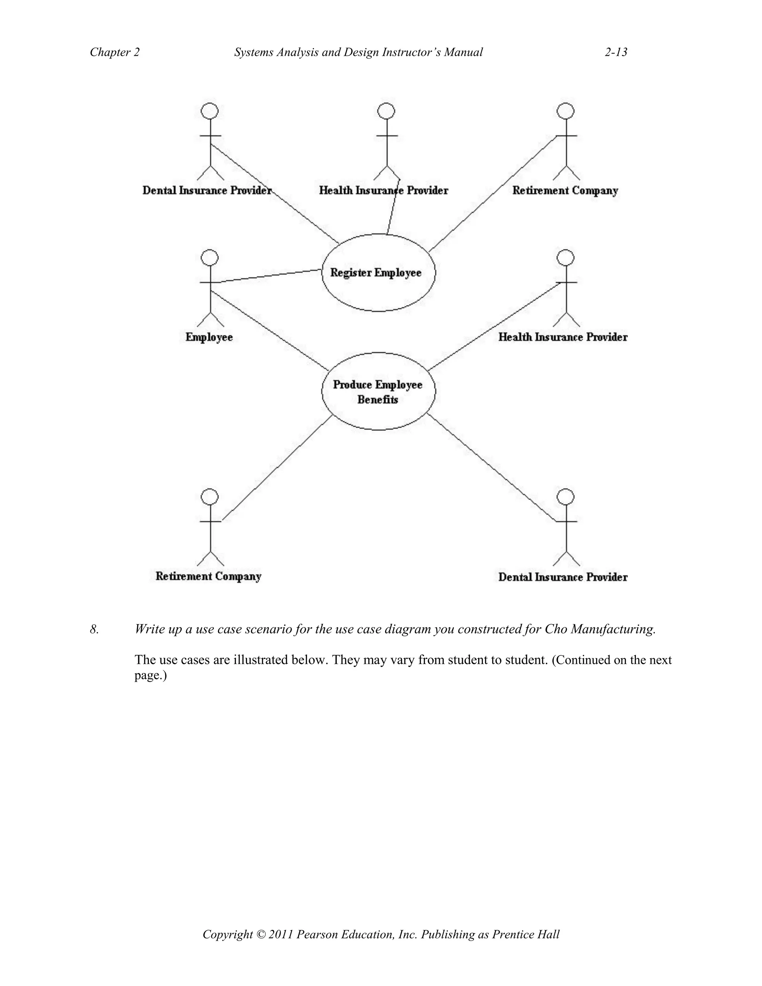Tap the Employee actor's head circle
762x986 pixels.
[x=210, y=258]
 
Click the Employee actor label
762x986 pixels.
[x=209, y=337]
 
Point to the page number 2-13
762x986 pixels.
[x=616, y=52]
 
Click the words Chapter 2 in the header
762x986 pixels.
[x=115, y=52]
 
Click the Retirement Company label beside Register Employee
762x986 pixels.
[x=565, y=191]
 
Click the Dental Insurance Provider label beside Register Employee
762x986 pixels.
[x=207, y=191]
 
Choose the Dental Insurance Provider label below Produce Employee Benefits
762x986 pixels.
[x=563, y=577]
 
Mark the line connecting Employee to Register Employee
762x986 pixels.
[x=266, y=276]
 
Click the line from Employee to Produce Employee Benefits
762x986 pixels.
[x=270, y=330]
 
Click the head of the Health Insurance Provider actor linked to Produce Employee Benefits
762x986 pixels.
[x=566, y=258]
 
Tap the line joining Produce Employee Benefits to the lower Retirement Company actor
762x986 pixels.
[x=277, y=468]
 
